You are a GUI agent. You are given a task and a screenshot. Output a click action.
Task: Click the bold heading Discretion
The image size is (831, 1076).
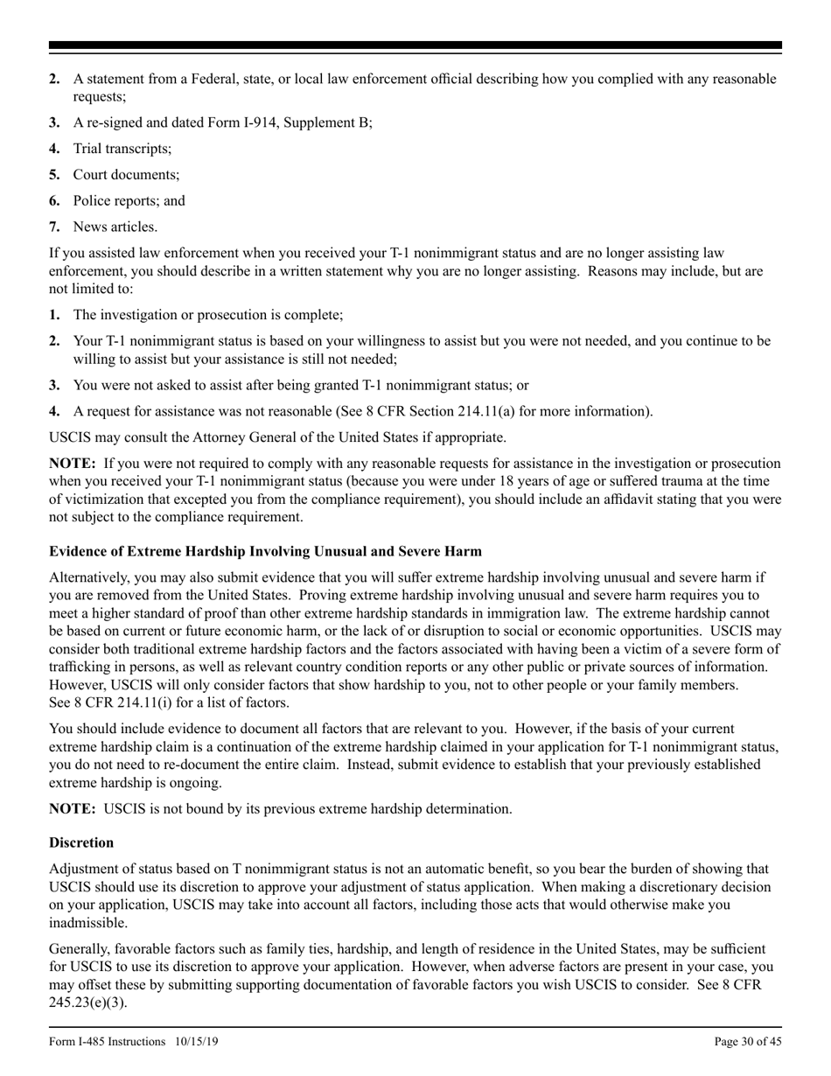[81, 842]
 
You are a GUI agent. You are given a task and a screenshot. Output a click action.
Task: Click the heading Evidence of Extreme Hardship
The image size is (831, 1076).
[265, 551]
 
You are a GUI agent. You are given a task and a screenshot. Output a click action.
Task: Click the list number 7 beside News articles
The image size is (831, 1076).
[54, 227]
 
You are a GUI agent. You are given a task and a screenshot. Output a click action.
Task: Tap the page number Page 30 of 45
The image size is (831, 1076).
[748, 1041]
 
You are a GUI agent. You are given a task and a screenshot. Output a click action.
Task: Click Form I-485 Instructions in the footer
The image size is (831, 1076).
[107, 1041]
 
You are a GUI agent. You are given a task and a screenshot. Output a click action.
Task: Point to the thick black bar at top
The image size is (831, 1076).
[415, 45]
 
